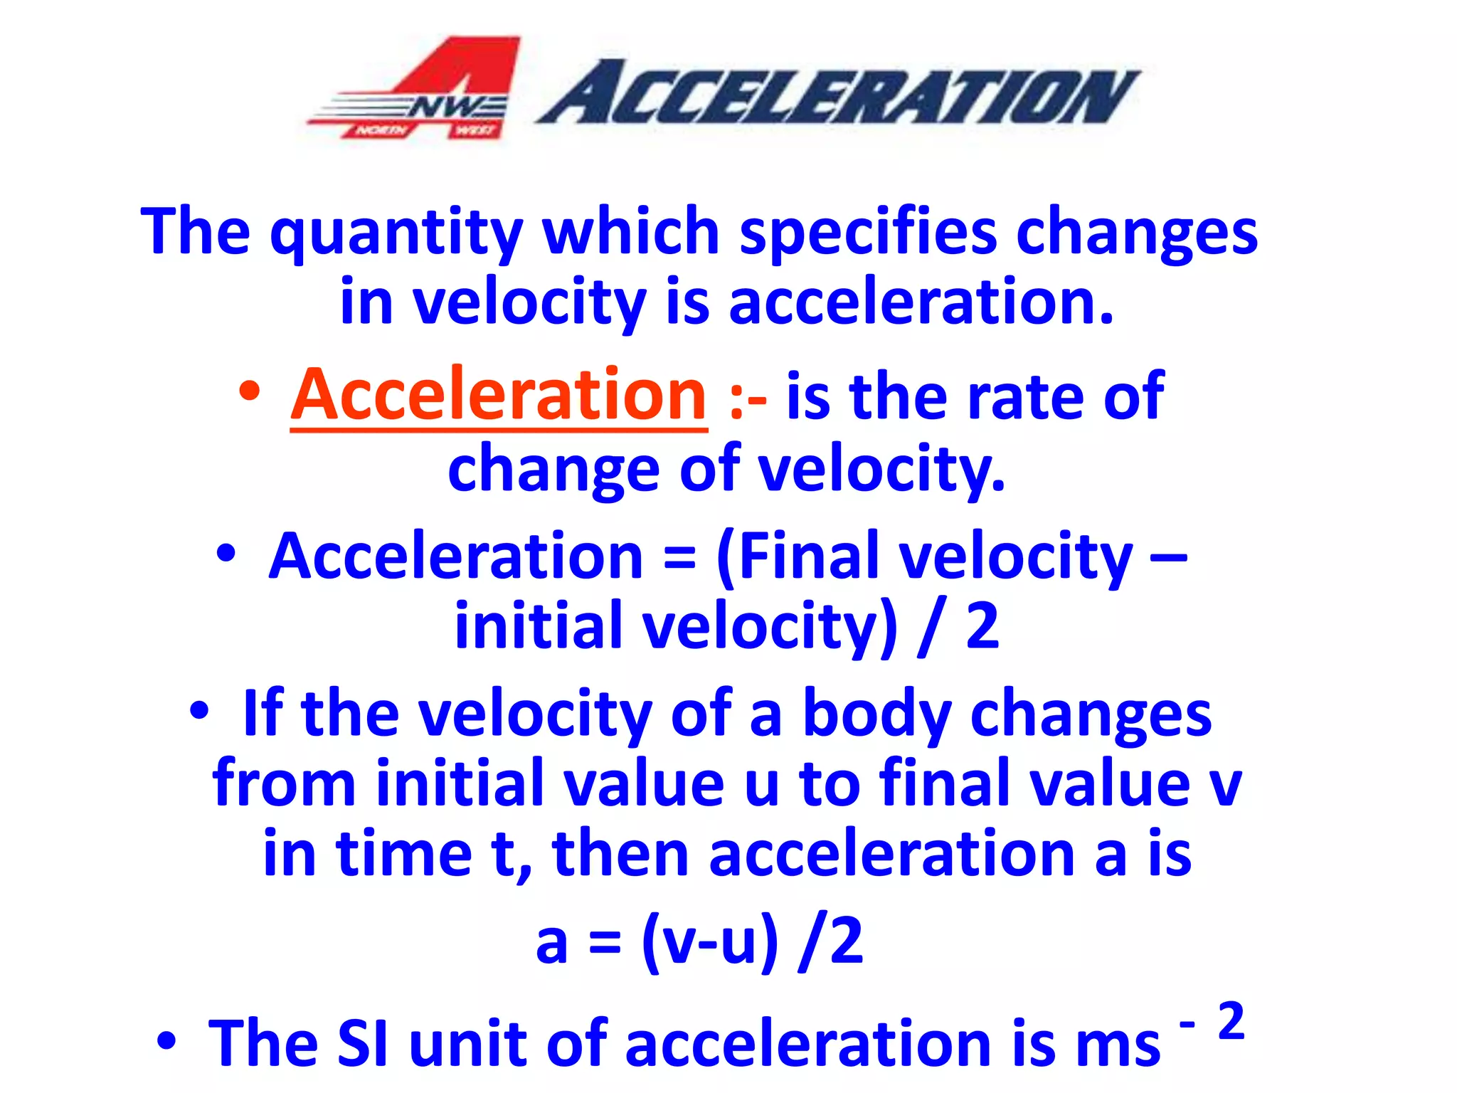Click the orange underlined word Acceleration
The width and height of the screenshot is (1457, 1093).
click(x=499, y=396)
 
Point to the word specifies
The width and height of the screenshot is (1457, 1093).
click(x=869, y=233)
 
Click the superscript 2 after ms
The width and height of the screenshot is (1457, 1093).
click(x=1231, y=1022)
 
